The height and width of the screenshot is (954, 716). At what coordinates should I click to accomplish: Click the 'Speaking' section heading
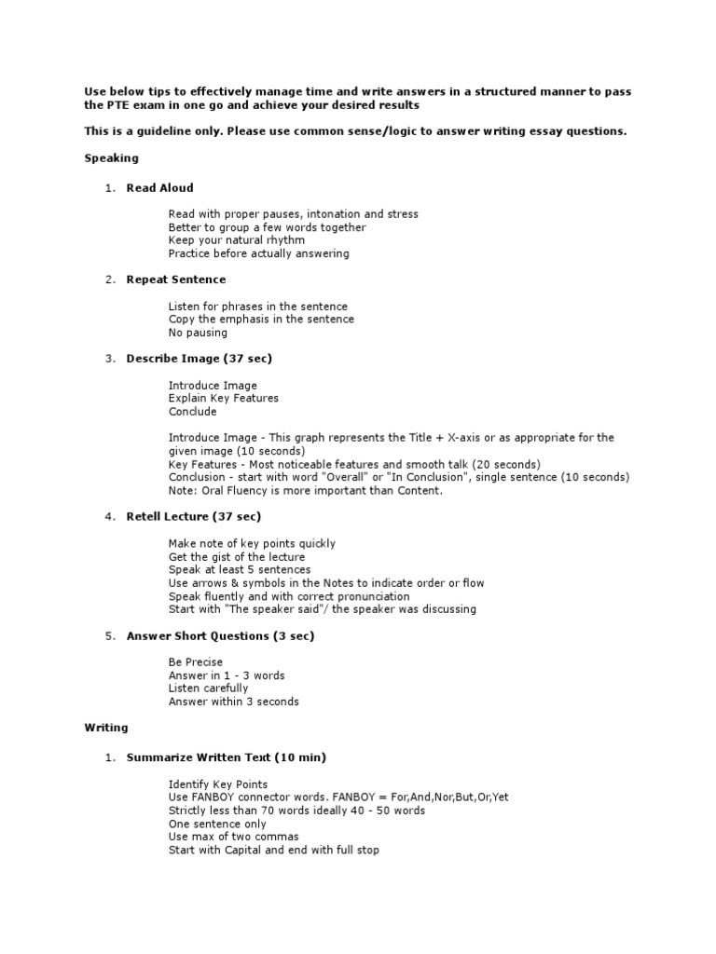click(111, 158)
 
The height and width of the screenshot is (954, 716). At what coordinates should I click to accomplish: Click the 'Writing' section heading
click(106, 728)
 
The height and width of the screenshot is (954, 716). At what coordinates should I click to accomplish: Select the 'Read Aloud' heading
click(159, 188)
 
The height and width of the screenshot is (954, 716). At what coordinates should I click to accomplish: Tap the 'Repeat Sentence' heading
click(175, 279)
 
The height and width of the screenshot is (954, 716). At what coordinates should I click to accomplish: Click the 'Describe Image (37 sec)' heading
click(199, 359)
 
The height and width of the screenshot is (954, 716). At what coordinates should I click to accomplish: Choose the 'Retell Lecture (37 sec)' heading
click(193, 516)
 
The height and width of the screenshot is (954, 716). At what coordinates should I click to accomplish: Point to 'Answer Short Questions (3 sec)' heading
click(220, 636)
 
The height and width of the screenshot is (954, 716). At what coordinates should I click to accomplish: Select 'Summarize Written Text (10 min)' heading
click(226, 757)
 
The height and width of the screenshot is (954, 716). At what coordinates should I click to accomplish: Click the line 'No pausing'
click(197, 333)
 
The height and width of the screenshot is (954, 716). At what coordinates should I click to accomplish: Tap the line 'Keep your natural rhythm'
click(236, 240)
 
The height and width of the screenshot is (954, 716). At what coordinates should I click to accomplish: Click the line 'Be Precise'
click(195, 662)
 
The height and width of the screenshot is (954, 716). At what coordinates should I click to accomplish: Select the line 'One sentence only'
click(217, 825)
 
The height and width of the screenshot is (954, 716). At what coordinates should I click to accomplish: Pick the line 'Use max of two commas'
click(233, 838)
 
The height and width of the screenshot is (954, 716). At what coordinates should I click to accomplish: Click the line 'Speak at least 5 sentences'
click(240, 570)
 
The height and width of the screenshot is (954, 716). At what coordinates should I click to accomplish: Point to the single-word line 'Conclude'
click(192, 412)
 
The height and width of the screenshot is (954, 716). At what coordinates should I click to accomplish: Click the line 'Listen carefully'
click(208, 688)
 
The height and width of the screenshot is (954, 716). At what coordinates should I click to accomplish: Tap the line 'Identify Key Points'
click(217, 784)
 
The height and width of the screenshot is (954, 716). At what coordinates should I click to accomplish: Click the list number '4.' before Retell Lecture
click(110, 516)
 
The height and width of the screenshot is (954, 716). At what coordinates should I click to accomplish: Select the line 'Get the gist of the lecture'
click(236, 557)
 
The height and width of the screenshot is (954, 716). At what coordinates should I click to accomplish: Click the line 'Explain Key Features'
click(223, 399)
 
